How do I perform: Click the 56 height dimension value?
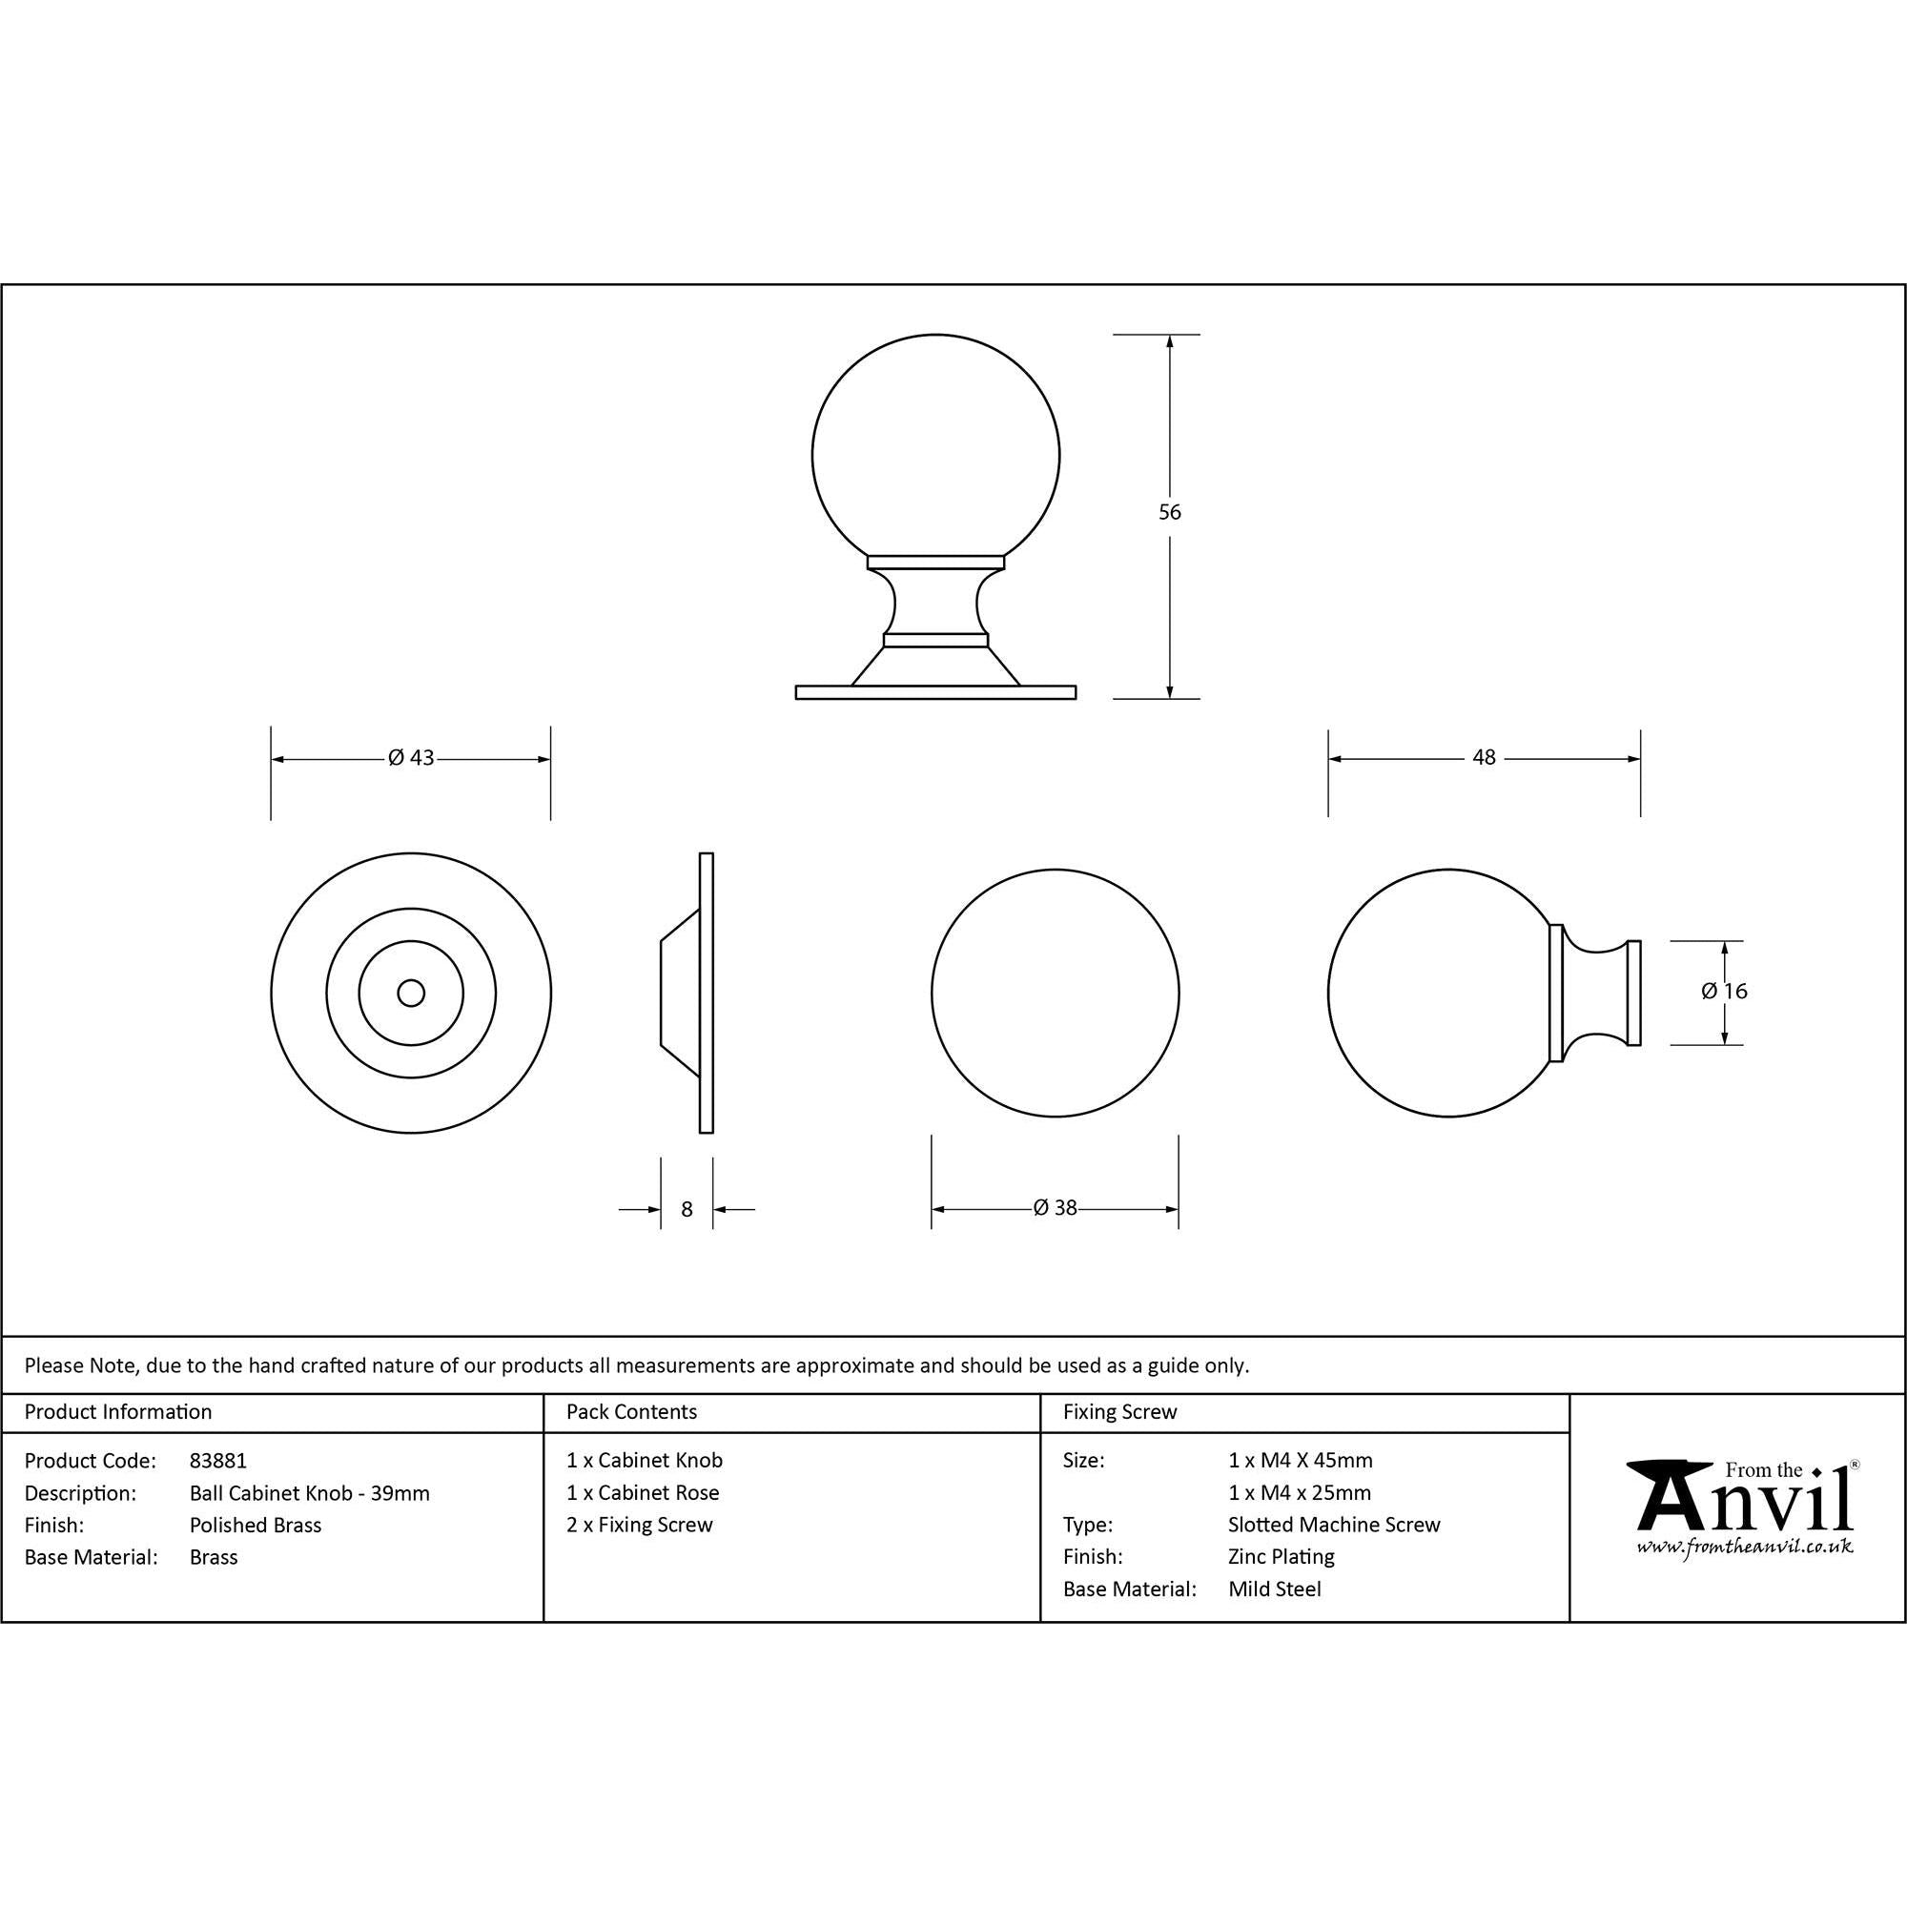point(1169,512)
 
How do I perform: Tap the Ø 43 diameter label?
point(411,758)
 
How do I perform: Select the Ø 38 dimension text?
point(1055,1208)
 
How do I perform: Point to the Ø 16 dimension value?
point(1723,991)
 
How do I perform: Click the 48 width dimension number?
point(1484,757)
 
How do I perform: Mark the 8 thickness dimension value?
point(687,1209)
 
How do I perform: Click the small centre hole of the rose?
point(411,993)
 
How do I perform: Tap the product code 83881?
point(218,1460)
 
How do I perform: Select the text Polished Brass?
point(256,1525)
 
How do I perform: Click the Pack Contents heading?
point(632,1411)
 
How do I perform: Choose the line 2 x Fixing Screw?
point(640,1525)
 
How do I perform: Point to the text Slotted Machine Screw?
point(1334,1525)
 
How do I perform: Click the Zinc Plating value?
point(1282,1557)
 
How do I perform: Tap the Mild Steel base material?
point(1274,1589)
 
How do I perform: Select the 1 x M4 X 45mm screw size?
point(1300,1460)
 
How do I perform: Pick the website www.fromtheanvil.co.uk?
point(1744,1547)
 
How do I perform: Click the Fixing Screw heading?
point(1119,1411)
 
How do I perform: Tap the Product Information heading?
point(118,1411)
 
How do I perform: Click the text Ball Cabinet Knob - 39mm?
point(310,1493)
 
